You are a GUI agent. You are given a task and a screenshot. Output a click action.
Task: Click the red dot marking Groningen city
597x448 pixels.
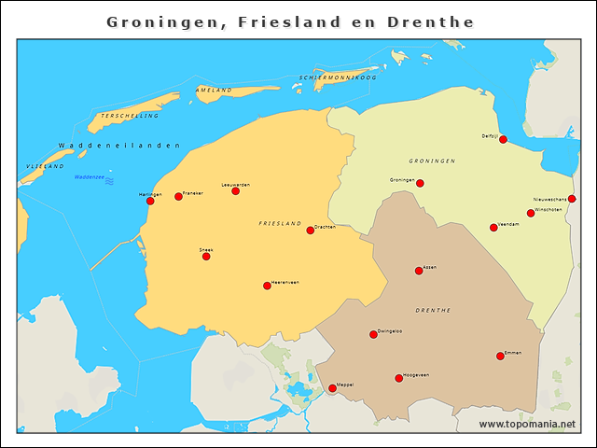[420, 183]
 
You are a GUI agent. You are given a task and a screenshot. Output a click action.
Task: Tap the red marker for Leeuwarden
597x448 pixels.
[235, 190]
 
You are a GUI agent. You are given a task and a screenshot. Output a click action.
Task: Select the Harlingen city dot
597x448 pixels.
[150, 201]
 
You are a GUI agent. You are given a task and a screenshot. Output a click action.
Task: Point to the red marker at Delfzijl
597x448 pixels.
[503, 140]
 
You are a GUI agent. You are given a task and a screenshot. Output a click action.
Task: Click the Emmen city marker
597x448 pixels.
[500, 356]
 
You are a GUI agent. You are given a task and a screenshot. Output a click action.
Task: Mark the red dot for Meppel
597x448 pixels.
[332, 388]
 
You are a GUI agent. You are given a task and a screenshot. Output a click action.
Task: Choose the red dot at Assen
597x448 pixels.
[419, 272]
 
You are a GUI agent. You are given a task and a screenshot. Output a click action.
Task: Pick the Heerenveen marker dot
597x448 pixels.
[267, 286]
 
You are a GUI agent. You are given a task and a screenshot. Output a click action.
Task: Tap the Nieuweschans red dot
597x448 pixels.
[572, 199]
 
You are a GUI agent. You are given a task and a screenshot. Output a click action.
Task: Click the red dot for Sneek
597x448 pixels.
[206, 256]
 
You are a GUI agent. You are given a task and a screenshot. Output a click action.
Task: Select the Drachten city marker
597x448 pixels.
[311, 231]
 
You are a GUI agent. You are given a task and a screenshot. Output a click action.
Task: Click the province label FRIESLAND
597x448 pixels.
[280, 224]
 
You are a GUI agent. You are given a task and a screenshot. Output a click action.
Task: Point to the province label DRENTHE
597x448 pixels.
[433, 310]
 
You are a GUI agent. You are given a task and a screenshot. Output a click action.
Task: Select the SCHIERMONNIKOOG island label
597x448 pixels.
[338, 77]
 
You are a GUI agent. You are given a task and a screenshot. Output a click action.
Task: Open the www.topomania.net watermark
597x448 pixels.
[527, 424]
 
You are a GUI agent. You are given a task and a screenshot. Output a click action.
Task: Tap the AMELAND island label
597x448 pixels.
[214, 90]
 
